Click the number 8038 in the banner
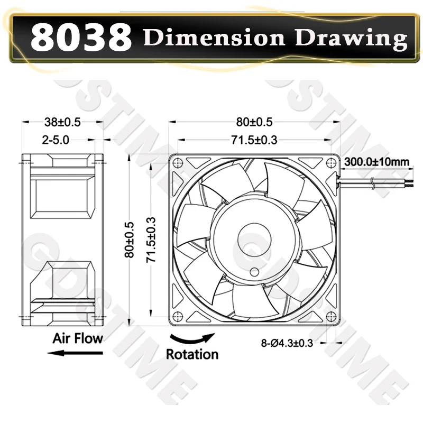point(81,37)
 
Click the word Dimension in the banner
point(214,37)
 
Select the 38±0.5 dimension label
point(62,122)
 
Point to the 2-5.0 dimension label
point(56,140)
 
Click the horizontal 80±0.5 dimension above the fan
point(254,122)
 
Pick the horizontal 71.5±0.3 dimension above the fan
point(254,140)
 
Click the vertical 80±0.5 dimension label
point(130,240)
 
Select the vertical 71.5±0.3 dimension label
point(151,240)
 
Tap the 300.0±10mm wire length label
point(376,162)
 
